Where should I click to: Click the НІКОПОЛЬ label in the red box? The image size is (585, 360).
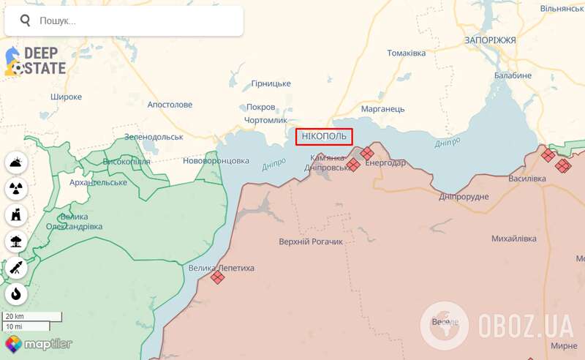point(324,136)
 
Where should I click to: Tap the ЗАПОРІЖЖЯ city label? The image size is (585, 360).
point(490,40)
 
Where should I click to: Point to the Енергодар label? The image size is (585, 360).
point(385,162)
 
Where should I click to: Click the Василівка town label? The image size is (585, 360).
point(526,179)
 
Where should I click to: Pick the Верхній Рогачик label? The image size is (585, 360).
point(311,241)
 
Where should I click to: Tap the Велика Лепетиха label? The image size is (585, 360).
point(222,269)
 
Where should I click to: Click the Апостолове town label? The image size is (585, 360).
point(170,105)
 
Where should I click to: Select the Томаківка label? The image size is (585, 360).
point(407,53)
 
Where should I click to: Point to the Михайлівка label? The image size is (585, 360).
point(514,239)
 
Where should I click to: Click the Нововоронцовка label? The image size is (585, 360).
point(216,160)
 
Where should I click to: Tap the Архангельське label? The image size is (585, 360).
point(98,182)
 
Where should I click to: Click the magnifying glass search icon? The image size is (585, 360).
point(23,21)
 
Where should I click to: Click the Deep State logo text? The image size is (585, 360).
point(44,61)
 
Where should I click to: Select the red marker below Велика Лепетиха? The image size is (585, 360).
point(217,277)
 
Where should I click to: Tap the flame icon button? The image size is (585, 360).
point(16,293)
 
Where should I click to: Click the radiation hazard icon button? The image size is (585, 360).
point(16,189)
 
